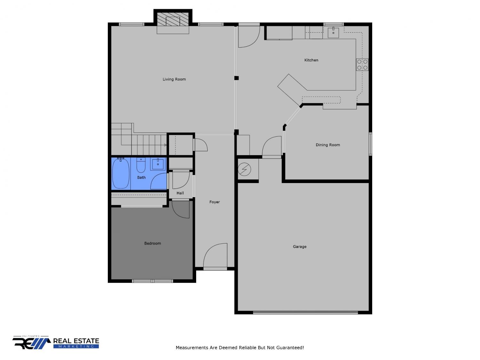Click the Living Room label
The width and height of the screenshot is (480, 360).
tap(174, 79)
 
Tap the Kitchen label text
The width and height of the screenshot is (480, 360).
tap(311, 60)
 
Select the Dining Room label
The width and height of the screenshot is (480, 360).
tap(328, 145)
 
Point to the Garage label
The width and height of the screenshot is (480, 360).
tap(300, 246)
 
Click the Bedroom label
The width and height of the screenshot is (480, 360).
tap(152, 243)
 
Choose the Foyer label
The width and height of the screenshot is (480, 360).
tap(214, 202)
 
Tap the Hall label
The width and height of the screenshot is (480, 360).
tap(180, 193)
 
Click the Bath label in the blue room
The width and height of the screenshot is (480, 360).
tap(141, 178)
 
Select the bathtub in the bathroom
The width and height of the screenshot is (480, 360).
tap(121, 173)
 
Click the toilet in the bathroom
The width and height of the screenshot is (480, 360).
tap(141, 165)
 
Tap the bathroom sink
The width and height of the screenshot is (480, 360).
tap(158, 164)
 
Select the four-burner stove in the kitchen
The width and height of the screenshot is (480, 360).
tap(362, 65)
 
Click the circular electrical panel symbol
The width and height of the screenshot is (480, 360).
tap(244, 169)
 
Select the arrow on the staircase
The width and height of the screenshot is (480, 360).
tap(165, 145)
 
